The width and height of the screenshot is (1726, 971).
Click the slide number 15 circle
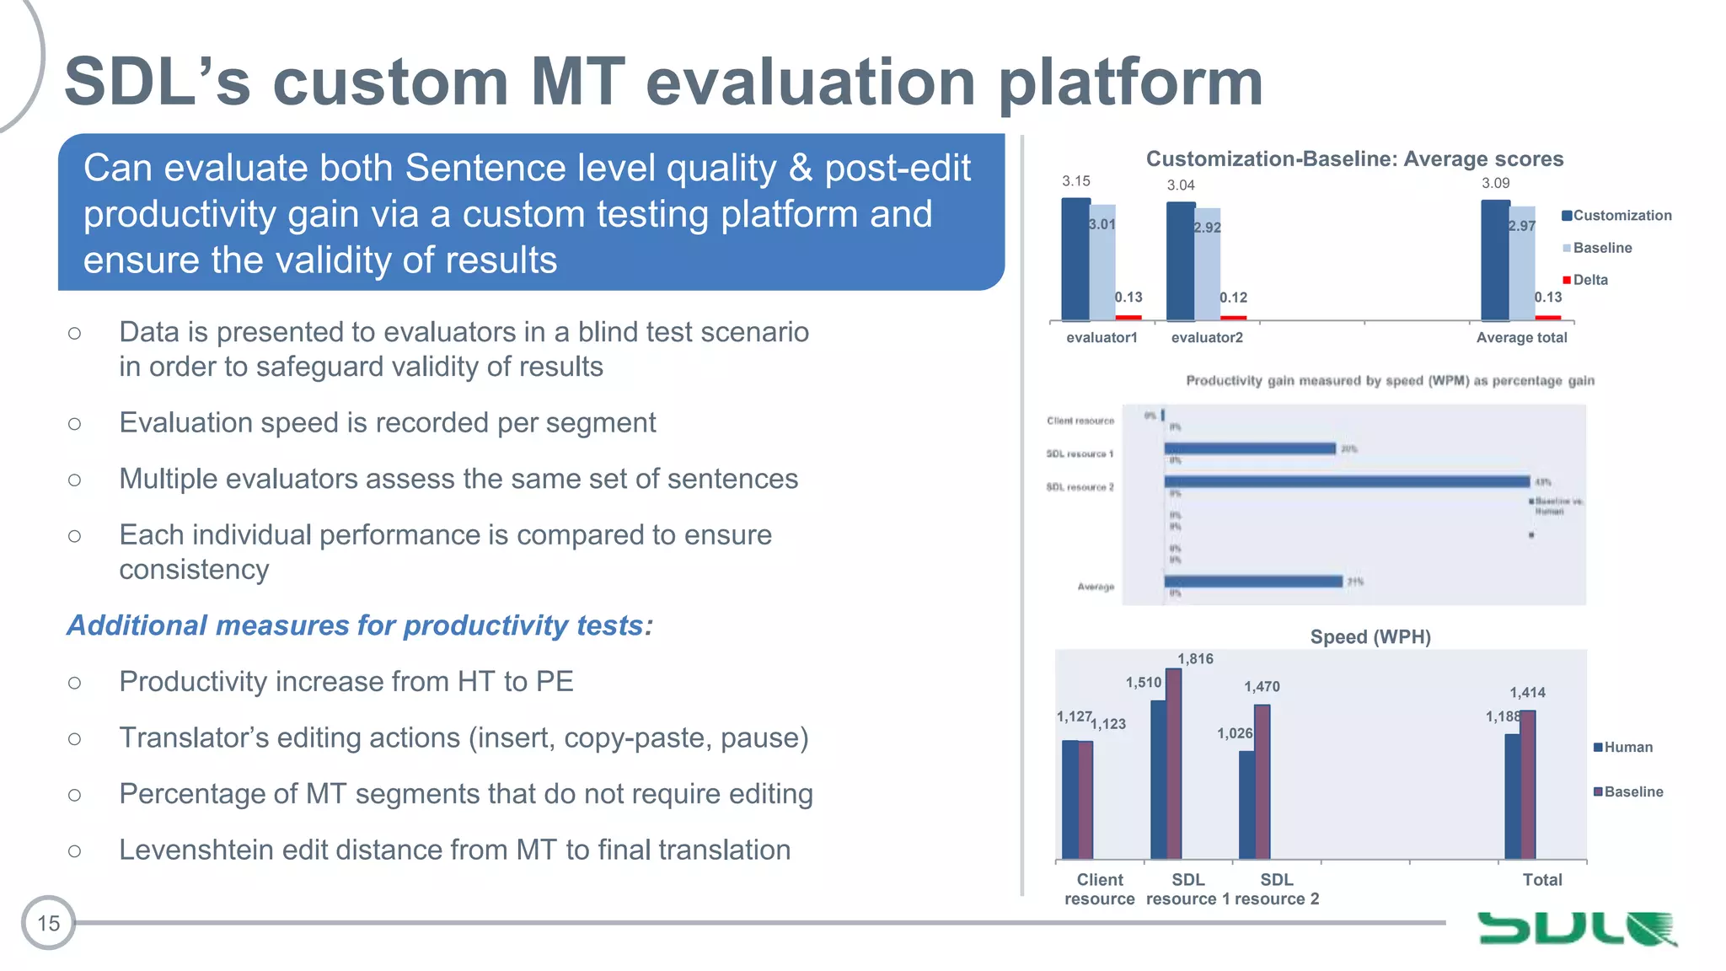tap(48, 923)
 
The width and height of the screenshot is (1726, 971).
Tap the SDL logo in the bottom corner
tap(1576, 928)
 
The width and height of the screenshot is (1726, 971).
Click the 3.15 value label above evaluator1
tap(1075, 181)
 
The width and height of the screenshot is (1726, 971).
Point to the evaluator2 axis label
tap(1206, 337)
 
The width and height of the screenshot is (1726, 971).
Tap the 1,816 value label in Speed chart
tap(1195, 659)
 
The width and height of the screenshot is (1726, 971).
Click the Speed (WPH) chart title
tap(1370, 637)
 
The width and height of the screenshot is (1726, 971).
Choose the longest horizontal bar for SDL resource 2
tap(1346, 481)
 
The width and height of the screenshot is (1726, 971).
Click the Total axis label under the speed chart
tap(1541, 880)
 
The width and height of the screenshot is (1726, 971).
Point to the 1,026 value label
tap(1234, 733)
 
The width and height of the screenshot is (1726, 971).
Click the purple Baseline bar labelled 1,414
tap(1528, 784)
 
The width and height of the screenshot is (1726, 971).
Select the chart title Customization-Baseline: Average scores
tap(1353, 159)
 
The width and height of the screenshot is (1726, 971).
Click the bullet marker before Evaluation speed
tap(75, 423)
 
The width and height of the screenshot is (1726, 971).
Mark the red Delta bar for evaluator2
tap(1233, 318)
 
